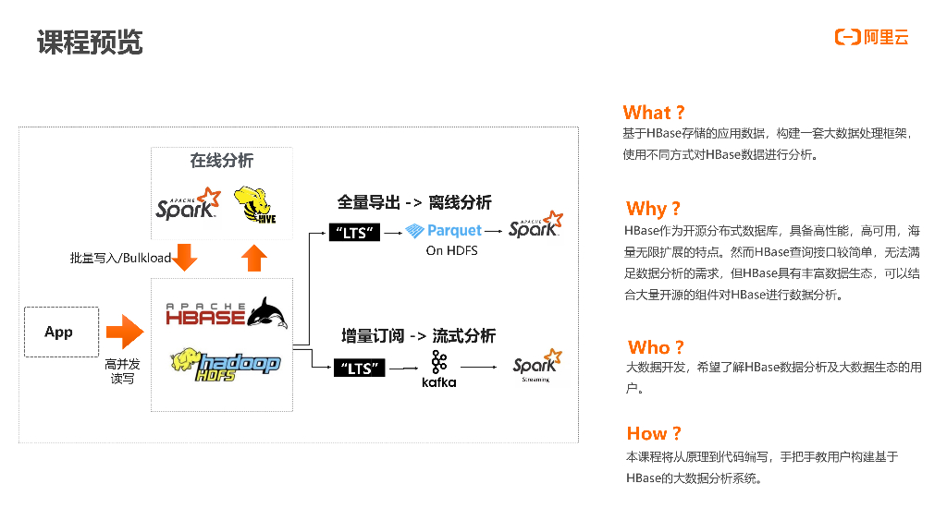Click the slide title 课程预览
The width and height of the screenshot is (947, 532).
pos(90,42)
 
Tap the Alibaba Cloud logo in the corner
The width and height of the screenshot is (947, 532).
pos(871,37)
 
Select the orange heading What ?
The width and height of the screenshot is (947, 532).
pos(654,113)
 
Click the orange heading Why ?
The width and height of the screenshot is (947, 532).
pos(653,208)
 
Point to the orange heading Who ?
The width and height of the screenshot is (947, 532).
pos(656,347)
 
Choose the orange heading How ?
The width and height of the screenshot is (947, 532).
pos(654,433)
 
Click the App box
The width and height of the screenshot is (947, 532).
pos(59,332)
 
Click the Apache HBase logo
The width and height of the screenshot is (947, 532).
pos(226,313)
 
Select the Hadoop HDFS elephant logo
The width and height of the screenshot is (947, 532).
pos(226,362)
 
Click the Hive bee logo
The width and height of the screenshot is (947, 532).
pos(254,204)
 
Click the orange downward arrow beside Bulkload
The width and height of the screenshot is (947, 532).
pos(186,257)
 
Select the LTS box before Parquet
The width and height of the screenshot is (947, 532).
pos(355,233)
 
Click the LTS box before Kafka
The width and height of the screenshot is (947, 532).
pos(356,369)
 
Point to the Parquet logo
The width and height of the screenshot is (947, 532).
pos(444,231)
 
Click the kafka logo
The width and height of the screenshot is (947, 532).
pos(438,369)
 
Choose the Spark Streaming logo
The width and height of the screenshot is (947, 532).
pos(536,365)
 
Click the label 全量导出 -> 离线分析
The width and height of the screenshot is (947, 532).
pos(413,202)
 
